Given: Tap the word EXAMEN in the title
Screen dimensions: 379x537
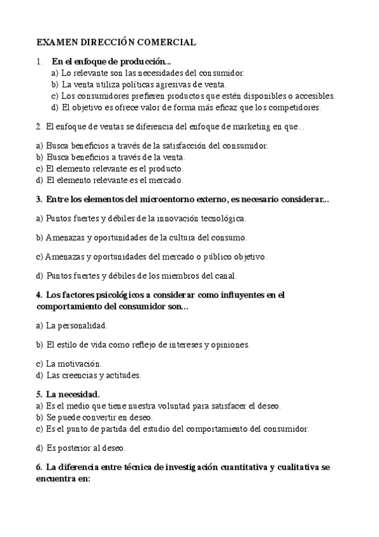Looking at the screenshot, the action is tap(55, 42).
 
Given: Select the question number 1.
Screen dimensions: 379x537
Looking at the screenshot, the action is tap(39, 61).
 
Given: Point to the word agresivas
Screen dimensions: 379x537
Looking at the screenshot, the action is tap(171, 84).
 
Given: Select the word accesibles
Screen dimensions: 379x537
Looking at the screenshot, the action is tap(313, 96).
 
